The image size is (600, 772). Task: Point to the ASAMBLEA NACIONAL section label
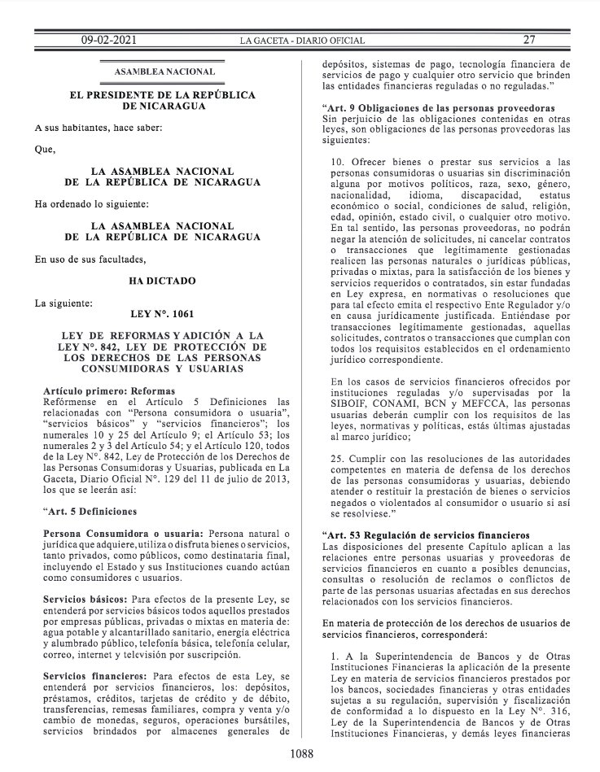tap(165, 72)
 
